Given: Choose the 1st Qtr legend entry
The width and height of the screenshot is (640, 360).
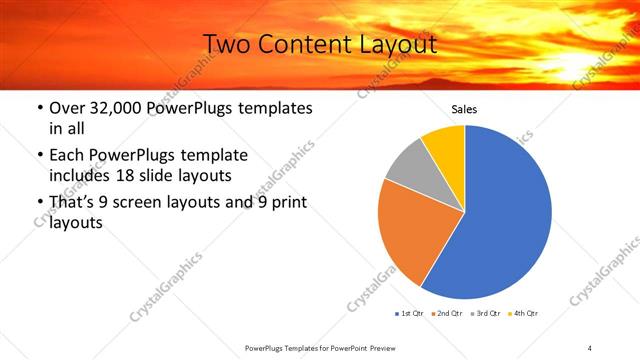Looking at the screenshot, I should [x=411, y=314].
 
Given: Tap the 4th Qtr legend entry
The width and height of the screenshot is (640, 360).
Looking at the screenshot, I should [x=523, y=314].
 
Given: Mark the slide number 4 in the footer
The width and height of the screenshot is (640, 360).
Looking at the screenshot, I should [x=589, y=346].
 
